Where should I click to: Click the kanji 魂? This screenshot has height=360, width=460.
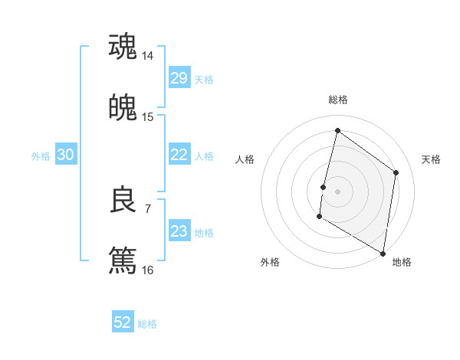tap(123, 46)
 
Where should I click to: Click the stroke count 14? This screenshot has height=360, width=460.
tap(148, 56)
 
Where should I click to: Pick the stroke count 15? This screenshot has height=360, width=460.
tap(148, 116)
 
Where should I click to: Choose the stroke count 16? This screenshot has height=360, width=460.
tap(148, 270)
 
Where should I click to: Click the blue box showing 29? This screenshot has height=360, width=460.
tap(179, 77)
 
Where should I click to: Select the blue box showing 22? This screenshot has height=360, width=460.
tap(179, 155)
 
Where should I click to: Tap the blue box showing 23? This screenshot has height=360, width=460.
tap(179, 231)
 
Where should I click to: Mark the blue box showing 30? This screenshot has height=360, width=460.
tap(65, 155)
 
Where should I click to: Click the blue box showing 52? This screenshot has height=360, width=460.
tap(123, 322)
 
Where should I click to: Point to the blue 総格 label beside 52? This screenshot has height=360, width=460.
tap(147, 324)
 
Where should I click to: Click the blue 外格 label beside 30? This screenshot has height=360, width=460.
tap(41, 156)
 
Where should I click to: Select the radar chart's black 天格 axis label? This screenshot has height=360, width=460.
tap(431, 159)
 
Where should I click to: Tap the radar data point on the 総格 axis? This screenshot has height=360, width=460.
tap(337, 130)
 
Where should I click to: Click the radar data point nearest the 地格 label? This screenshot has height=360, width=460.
tap(383, 253)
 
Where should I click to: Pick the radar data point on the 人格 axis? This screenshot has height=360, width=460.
tap(324, 187)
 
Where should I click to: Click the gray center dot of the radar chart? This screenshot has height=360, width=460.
tap(337, 191)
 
